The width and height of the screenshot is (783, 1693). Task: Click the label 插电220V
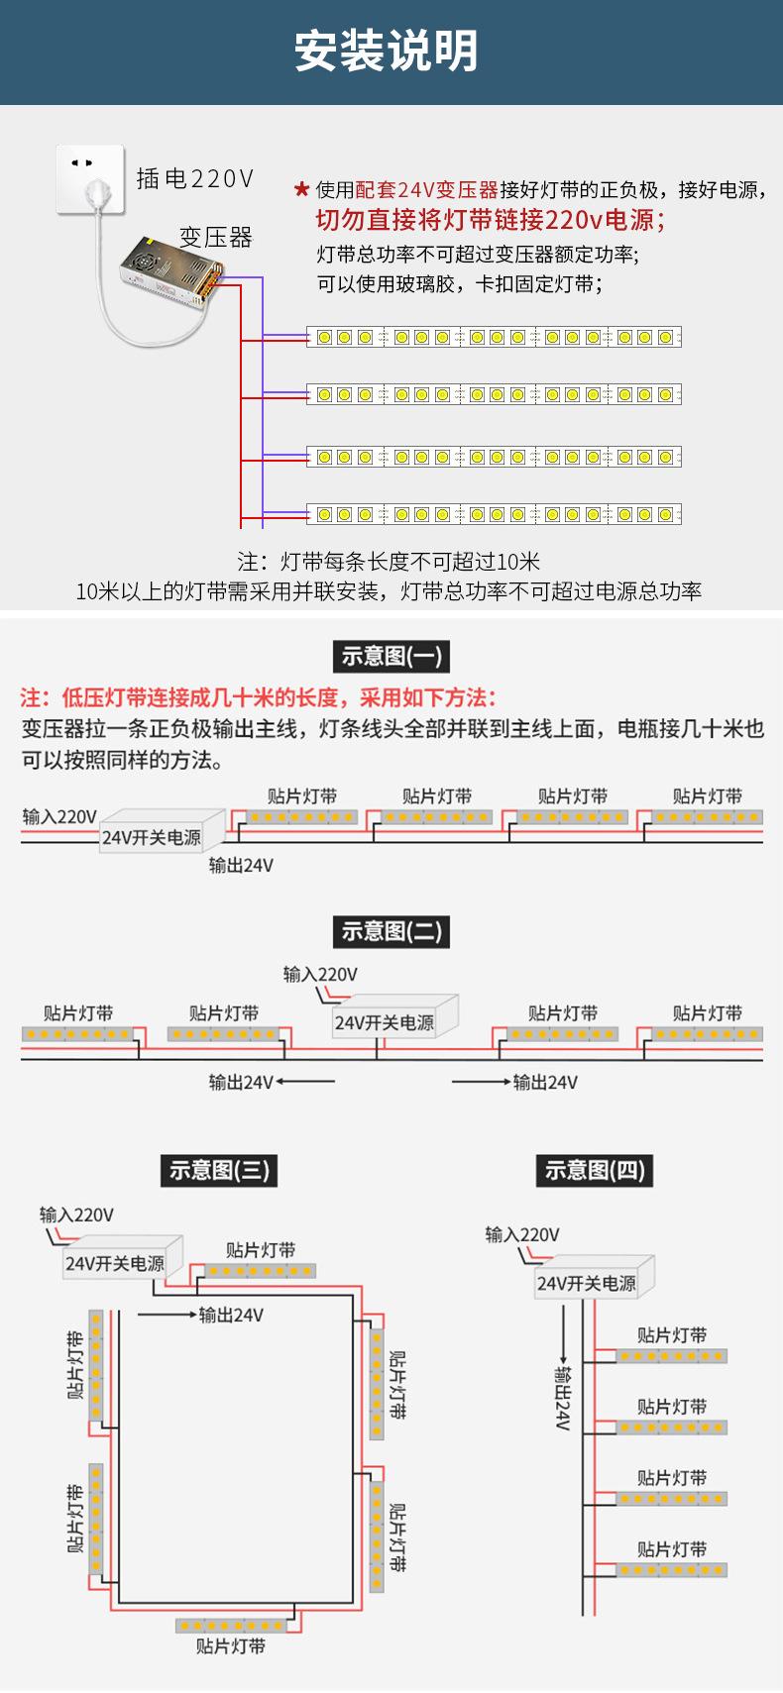point(195,178)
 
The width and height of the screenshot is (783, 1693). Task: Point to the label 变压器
point(215,238)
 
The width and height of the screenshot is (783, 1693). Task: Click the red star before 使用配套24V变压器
point(302,189)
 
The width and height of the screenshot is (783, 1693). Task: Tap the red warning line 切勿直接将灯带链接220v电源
point(490,219)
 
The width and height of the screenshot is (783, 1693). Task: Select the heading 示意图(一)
point(391,656)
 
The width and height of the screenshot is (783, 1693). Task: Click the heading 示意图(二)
point(391,931)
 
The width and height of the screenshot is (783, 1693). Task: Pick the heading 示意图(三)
point(218,1170)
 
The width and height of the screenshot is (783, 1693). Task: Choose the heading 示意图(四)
point(594,1170)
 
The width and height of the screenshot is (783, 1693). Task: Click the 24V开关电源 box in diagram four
point(587,1283)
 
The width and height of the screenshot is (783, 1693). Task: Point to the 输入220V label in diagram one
point(59,816)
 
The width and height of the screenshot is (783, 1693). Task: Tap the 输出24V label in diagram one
point(241,865)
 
